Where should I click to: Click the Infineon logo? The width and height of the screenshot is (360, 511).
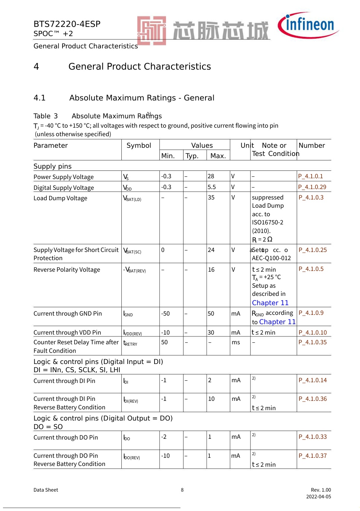308,25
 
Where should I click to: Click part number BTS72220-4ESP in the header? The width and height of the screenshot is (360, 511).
67,24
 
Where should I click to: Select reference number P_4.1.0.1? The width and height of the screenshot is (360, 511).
310,176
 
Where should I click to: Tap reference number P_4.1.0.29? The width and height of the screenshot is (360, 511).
312,187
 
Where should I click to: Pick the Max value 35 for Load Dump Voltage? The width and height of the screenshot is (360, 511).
211,198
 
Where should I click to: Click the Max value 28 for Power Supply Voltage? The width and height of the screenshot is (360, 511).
211,176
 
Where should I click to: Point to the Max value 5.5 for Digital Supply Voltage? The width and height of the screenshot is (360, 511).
212,187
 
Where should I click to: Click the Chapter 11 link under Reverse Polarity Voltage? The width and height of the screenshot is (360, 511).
270,303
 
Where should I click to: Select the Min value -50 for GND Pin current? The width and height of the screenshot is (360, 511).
165,314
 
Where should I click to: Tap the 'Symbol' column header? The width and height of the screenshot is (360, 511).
139,146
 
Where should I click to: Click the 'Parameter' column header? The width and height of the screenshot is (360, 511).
51,146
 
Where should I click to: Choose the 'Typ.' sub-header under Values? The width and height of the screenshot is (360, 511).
192,156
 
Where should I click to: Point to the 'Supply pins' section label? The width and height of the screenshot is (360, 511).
52,166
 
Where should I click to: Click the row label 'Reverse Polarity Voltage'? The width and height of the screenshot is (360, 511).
67,270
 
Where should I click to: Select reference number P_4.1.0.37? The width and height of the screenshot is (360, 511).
313,456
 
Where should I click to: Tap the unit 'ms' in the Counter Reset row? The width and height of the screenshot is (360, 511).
236,342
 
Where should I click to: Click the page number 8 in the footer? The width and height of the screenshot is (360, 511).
182,490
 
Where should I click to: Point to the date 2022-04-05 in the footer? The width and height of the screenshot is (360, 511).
318,497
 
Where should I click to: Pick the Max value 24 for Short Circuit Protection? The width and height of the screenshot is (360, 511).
211,250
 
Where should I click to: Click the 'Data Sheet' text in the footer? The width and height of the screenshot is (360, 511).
46,490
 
